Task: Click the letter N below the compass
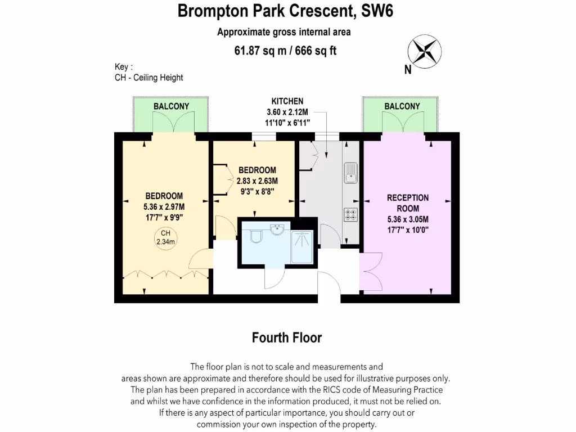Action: click(x=407, y=70)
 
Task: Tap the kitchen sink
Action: click(x=350, y=172)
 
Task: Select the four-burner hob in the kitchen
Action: click(x=350, y=214)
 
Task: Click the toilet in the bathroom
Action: click(x=255, y=236)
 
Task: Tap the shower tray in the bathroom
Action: click(x=303, y=246)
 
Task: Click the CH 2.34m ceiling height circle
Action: click(x=165, y=237)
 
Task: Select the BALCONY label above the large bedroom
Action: click(x=171, y=106)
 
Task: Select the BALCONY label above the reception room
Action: click(x=402, y=106)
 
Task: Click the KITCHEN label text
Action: click(x=287, y=101)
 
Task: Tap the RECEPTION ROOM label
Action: click(x=408, y=203)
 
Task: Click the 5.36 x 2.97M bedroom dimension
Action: click(x=164, y=206)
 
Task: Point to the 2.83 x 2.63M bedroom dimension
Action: click(x=258, y=181)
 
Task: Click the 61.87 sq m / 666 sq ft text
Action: click(x=285, y=51)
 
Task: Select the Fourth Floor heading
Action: click(x=287, y=337)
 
